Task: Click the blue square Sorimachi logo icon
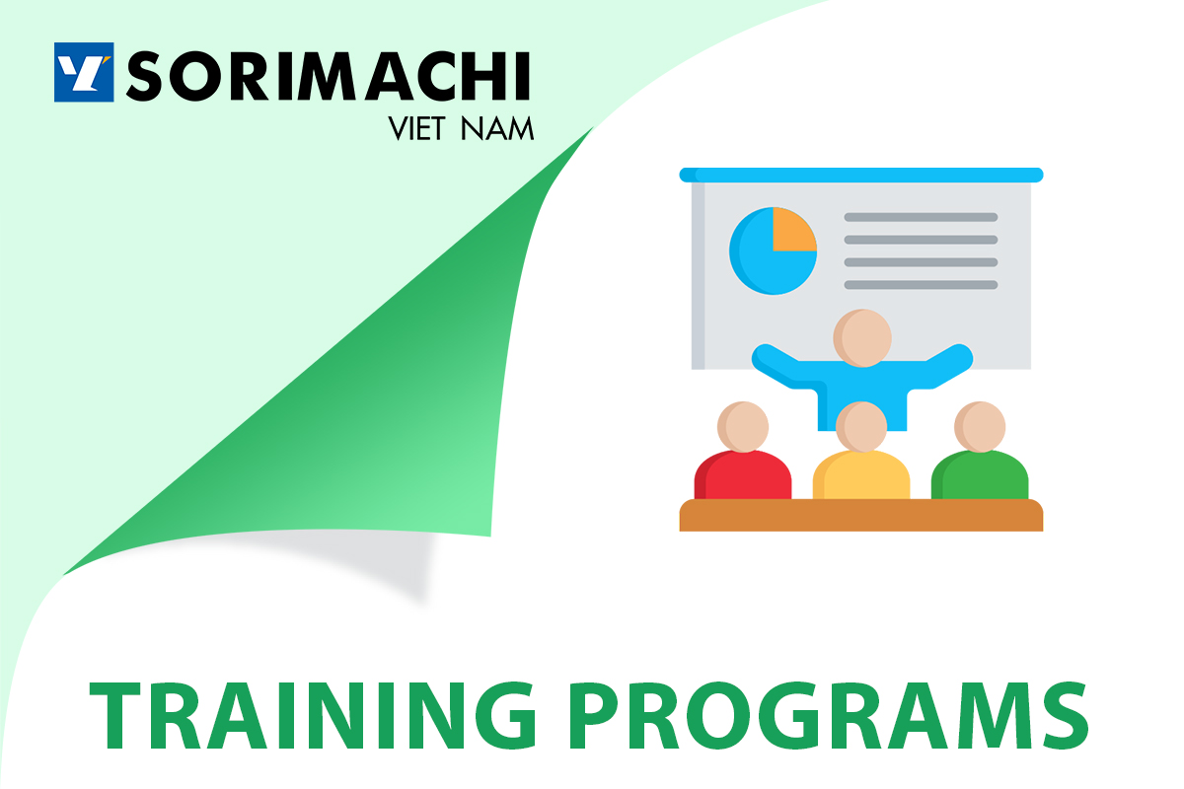pyautogui.click(x=84, y=72)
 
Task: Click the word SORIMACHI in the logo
pyautogui.click(x=328, y=76)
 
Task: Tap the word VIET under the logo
pyautogui.click(x=416, y=129)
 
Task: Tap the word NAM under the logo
pyautogui.click(x=497, y=129)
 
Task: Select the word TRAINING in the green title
pyautogui.click(x=313, y=716)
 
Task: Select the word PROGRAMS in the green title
pyautogui.click(x=828, y=716)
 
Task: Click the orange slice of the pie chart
pyautogui.click(x=794, y=230)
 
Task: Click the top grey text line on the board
pyautogui.click(x=921, y=217)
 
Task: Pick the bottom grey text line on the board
pyautogui.click(x=921, y=285)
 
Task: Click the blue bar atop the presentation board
pyautogui.click(x=861, y=175)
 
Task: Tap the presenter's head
pyautogui.click(x=862, y=337)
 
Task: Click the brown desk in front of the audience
pyautogui.click(x=861, y=515)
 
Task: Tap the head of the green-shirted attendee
pyautogui.click(x=980, y=427)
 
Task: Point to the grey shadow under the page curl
pyautogui.click(x=370, y=560)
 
